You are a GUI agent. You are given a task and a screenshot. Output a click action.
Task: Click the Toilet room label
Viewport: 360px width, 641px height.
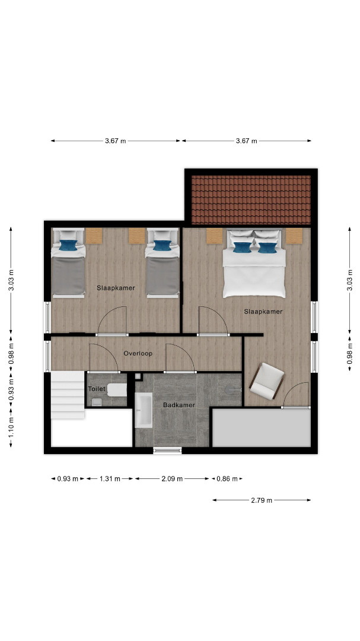(x=97, y=389)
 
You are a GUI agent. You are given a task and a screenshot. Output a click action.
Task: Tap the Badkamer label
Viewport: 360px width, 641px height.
(x=179, y=405)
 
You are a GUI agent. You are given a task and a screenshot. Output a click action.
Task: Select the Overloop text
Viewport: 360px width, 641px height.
(x=138, y=354)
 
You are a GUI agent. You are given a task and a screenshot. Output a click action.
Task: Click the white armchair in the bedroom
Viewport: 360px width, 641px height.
(x=267, y=381)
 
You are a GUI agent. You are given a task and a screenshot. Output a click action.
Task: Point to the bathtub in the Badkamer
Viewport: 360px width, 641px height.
(x=144, y=410)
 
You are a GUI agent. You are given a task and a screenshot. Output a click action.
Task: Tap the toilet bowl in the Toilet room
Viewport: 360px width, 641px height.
(x=117, y=389)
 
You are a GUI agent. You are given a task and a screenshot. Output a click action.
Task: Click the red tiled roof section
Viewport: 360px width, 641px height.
(x=251, y=200)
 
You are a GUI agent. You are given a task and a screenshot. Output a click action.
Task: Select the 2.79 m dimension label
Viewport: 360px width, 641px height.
(x=262, y=500)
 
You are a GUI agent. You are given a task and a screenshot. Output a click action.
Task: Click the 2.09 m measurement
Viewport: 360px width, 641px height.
(x=172, y=479)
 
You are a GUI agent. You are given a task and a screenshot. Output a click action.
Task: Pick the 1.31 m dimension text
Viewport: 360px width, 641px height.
(x=110, y=479)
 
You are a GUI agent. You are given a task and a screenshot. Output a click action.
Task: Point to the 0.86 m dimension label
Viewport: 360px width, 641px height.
(x=227, y=479)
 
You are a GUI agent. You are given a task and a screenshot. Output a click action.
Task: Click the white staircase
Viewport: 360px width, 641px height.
(x=68, y=395)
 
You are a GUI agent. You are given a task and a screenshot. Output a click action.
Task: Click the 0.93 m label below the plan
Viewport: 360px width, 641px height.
(x=68, y=479)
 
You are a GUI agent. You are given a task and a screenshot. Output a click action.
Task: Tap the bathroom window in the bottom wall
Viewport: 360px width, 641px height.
(x=167, y=450)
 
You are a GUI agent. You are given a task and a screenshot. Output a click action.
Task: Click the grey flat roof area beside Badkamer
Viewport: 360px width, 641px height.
(x=262, y=427)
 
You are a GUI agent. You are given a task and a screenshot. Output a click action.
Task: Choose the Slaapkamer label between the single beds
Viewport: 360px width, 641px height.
(x=116, y=288)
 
